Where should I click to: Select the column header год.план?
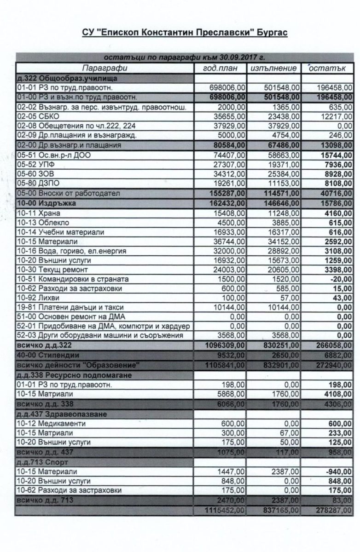[221, 69]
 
